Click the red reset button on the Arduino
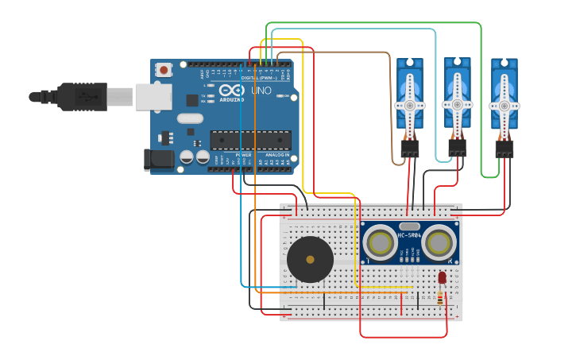164,70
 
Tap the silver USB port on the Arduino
153,97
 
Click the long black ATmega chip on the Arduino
250,140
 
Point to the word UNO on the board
261,91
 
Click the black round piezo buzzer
310,259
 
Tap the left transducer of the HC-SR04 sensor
380,242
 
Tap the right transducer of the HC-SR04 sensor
438,242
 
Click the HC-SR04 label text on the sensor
409,235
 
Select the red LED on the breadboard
442,277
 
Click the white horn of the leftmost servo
410,104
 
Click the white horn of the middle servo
457,103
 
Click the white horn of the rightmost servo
504,104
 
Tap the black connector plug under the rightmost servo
504,149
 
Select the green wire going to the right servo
481,95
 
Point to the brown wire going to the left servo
391,103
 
